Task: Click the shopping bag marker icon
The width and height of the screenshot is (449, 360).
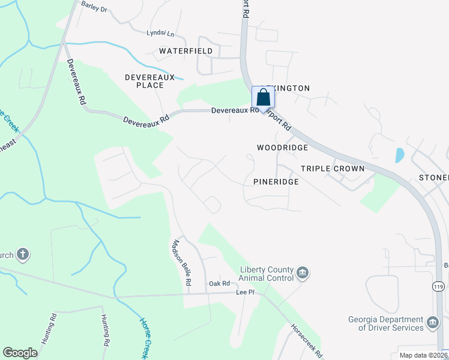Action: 263,97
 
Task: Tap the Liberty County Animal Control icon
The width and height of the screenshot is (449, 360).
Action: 303,274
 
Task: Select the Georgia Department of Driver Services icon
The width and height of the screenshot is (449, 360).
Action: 433,323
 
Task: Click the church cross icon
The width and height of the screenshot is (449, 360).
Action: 23,254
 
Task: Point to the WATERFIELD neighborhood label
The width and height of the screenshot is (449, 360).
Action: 186,51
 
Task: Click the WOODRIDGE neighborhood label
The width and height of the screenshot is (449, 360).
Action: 282,148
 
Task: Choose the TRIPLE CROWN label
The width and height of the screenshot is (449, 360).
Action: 333,169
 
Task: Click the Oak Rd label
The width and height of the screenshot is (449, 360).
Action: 219,283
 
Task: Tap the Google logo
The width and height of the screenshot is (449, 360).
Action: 20,353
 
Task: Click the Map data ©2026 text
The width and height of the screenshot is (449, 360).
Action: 424,355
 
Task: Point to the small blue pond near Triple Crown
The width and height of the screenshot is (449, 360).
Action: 399,155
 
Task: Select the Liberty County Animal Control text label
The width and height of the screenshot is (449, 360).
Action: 267,274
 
